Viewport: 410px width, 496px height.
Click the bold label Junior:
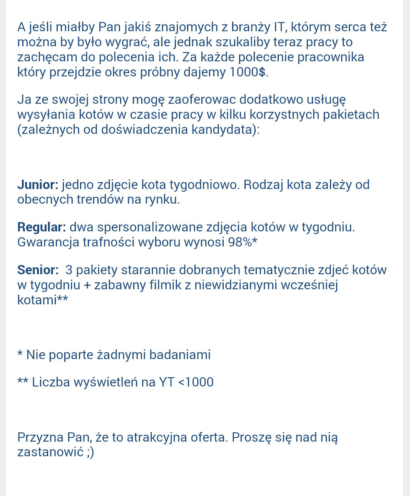pos(38,185)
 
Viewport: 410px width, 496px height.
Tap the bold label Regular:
pos(42,227)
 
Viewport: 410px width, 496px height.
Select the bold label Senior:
pos(38,270)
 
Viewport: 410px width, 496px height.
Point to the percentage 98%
pos(239,242)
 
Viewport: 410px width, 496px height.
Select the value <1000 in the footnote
pos(196,382)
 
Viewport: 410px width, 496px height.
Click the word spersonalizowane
pos(159,227)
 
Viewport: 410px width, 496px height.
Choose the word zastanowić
pos(50,452)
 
